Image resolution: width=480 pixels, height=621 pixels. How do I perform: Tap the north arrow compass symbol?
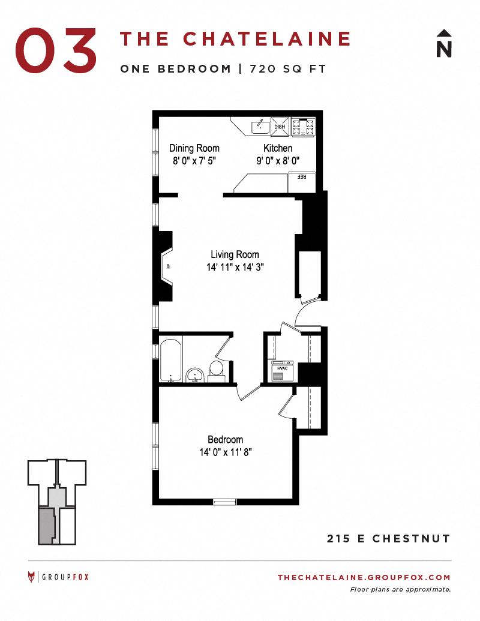tap(443, 44)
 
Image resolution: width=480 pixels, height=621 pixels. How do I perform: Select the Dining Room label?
tap(194, 148)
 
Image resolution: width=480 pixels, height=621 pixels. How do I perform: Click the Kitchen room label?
tap(278, 148)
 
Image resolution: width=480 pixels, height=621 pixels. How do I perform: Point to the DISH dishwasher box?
tap(280, 127)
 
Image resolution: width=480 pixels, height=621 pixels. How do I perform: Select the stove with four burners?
tap(303, 127)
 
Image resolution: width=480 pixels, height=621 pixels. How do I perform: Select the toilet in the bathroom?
tap(216, 370)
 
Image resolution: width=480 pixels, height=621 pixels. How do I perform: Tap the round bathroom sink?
tap(195, 376)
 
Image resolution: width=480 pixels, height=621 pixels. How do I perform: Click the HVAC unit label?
tap(281, 368)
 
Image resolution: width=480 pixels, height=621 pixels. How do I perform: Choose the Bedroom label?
tap(225, 439)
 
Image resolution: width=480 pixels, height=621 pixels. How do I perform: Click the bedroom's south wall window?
tap(226, 502)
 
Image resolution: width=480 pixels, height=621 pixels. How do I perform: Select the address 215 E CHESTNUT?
tap(388, 538)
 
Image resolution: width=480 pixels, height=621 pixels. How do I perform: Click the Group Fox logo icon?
tap(32, 577)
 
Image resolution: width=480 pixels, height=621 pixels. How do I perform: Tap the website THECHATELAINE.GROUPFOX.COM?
tap(364, 577)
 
